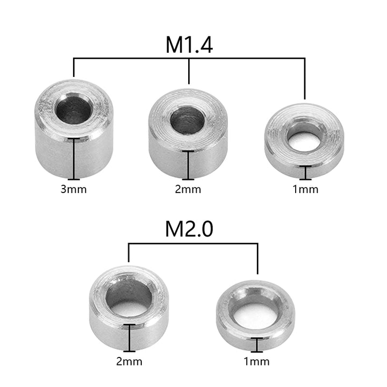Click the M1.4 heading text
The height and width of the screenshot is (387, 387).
[189, 45]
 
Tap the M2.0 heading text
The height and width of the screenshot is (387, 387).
[189, 229]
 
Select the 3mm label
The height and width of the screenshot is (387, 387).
[74, 190]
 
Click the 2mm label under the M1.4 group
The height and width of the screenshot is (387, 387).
[188, 190]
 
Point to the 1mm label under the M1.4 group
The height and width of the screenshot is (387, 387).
[305, 190]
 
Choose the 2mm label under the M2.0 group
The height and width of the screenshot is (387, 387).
[130, 362]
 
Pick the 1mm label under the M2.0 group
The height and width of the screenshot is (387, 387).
[257, 362]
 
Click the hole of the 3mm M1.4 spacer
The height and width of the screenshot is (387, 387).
[74, 109]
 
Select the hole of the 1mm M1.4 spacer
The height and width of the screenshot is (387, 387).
[305, 138]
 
